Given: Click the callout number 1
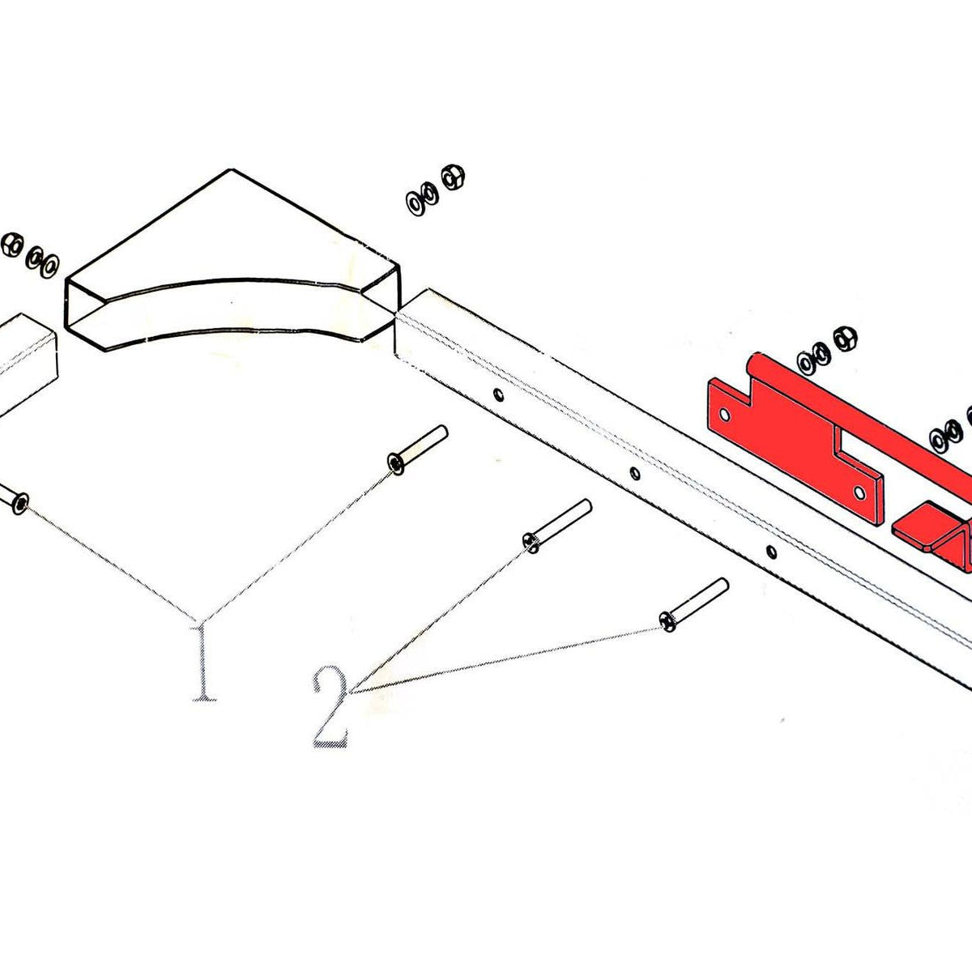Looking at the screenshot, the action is tap(204, 663).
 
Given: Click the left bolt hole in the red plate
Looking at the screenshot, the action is tap(725, 416).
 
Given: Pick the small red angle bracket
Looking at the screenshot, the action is tap(933, 535).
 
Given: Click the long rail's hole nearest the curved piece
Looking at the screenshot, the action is tap(499, 394).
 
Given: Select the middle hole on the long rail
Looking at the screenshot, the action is tap(635, 473).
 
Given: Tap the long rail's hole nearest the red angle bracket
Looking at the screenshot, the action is tap(771, 552).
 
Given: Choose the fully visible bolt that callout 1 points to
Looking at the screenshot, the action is tap(417, 450).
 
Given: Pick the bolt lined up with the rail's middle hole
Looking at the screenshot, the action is tap(557, 526).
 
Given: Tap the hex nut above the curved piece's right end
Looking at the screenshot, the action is tap(453, 177).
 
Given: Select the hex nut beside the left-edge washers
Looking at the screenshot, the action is tap(12, 245).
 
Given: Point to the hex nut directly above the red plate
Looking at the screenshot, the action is tap(846, 339).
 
